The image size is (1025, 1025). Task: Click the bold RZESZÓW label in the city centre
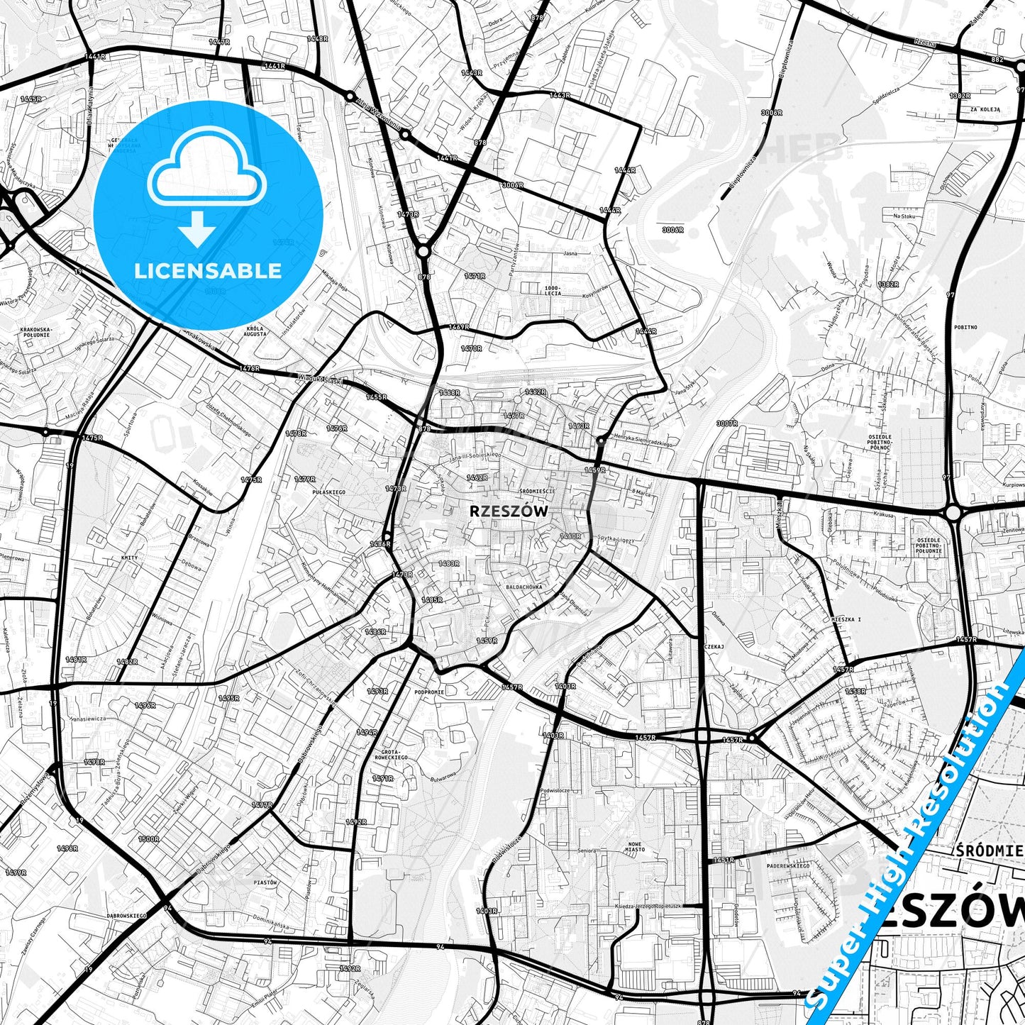(x=509, y=511)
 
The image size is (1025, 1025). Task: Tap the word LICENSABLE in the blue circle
(x=208, y=270)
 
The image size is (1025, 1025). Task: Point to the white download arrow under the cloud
(x=198, y=230)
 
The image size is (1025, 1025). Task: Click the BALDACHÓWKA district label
(x=524, y=587)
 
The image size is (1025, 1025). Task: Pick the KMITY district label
(x=130, y=558)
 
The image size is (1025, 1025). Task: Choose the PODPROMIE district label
(x=429, y=692)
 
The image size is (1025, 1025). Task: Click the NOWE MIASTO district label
(x=636, y=846)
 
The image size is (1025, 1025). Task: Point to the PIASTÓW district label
(x=265, y=882)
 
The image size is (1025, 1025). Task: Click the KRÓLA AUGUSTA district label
(x=255, y=331)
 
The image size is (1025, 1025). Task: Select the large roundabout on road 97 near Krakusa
(x=953, y=512)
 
